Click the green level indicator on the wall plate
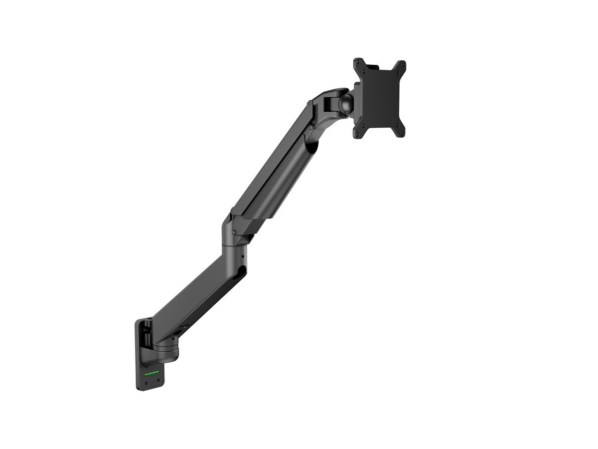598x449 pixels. [151, 373]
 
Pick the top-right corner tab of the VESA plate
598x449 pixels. [400, 66]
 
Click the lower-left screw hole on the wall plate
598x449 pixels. [146, 382]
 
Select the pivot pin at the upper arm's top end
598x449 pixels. [310, 104]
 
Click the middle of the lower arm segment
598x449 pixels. [194, 299]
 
